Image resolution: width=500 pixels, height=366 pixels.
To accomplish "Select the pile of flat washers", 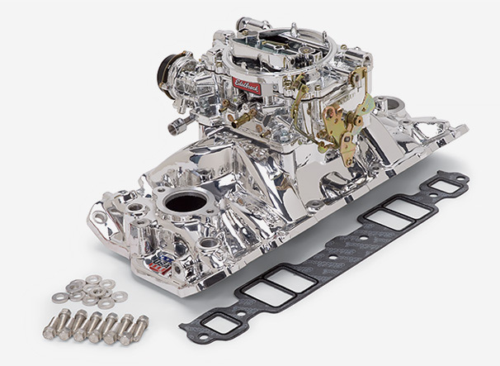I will (x=89, y=288).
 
